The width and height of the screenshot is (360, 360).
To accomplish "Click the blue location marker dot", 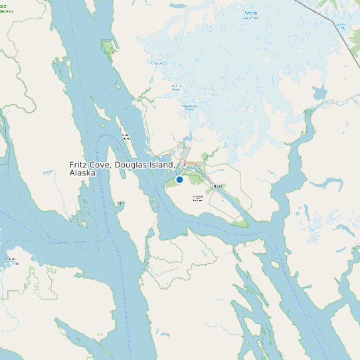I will click(x=179, y=179).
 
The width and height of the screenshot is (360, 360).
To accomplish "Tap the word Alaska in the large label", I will click(x=82, y=173).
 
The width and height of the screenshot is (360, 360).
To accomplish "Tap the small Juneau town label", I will click(x=215, y=187).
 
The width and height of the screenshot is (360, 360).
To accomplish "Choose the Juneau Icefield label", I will click(x=250, y=15).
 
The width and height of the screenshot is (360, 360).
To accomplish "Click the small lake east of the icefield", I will click(x=319, y=92).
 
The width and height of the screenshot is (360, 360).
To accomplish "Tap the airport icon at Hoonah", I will click(x=17, y=263).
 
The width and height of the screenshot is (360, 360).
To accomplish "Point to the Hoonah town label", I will click(x=9, y=258).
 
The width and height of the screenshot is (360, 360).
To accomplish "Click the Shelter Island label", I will click(x=125, y=136).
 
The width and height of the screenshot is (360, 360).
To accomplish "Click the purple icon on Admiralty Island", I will click(x=120, y=203).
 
